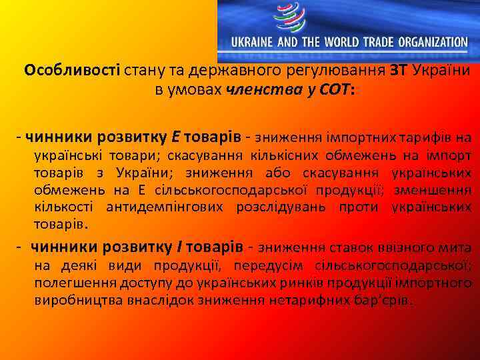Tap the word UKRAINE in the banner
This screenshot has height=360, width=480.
253,41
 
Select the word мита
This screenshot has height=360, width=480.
457,249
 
